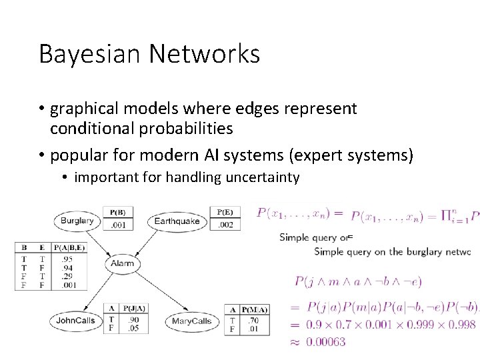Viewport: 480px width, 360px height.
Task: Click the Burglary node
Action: pos(77,221)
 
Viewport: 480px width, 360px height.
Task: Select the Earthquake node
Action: pos(177,221)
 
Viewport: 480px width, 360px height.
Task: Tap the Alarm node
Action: pos(123,263)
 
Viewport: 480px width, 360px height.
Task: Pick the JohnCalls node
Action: pos(77,321)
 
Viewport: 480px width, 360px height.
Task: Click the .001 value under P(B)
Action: pos(117,225)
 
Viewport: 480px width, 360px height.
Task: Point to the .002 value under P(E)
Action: pos(226,225)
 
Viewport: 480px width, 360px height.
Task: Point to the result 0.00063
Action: pos(327,341)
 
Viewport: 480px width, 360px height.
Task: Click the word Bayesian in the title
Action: pos(85,54)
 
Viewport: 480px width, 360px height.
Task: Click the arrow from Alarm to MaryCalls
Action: pos(155,291)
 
